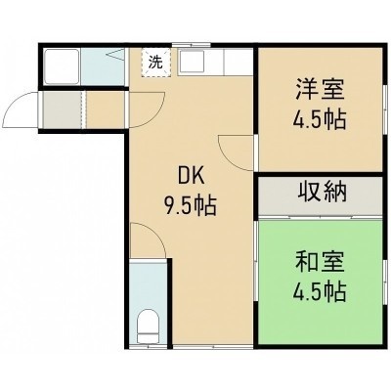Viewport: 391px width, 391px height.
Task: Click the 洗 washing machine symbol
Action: tap(155, 63)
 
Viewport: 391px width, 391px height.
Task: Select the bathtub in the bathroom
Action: tap(62, 66)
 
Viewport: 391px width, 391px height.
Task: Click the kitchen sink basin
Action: tap(192, 61)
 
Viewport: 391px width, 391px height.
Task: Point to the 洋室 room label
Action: tap(320, 90)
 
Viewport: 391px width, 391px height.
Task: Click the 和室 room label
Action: tap(320, 262)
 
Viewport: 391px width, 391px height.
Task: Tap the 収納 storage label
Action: tap(322, 192)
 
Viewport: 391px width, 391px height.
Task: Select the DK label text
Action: tap(191, 178)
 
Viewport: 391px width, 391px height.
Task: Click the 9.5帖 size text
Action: tap(191, 206)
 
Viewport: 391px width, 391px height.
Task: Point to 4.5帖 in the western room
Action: tap(320, 120)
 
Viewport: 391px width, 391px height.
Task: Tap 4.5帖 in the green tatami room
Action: tap(320, 291)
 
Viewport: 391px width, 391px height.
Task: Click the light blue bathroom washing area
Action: tap(103, 66)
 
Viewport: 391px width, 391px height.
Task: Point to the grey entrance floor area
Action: tap(63, 109)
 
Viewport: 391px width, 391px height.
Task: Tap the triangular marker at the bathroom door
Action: tap(115, 55)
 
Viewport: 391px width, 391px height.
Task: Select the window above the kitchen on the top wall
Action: tap(192, 45)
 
